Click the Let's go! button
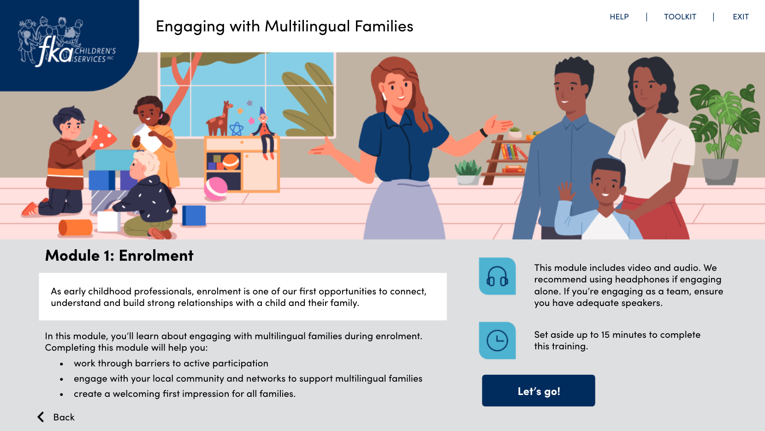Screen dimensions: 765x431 [x=538, y=391]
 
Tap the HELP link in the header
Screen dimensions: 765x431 [x=619, y=17]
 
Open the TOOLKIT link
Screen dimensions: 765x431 [x=680, y=17]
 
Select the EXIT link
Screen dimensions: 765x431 [x=741, y=17]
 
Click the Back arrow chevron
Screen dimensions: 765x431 [x=41, y=417]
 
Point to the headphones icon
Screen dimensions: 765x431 [x=497, y=276]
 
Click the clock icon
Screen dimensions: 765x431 [x=497, y=341]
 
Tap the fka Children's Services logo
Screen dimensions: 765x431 [x=67, y=42]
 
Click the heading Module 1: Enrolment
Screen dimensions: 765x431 [x=119, y=255]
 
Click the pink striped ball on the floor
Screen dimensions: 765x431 [x=215, y=189]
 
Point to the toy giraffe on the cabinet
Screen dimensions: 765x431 [x=219, y=119]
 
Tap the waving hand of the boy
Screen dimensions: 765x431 [x=565, y=192]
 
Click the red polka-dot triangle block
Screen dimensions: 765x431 [x=102, y=135]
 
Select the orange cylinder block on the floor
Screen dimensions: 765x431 [x=76, y=227]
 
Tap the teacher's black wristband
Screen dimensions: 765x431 [x=483, y=132]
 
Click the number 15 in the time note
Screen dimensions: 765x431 [x=605, y=335]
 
